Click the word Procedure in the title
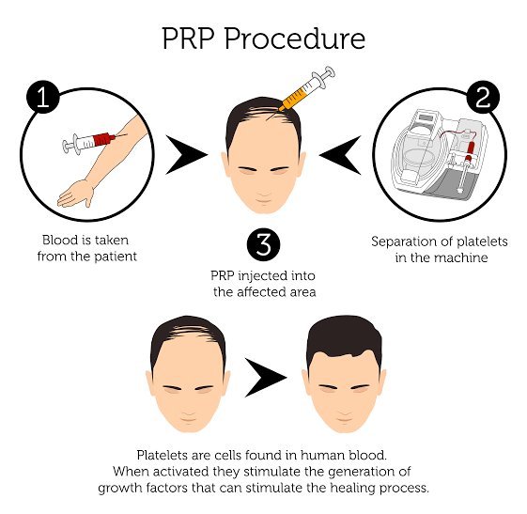click(294, 39)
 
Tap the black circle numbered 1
click(43, 97)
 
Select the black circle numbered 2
click(483, 97)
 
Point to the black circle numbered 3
click(263, 244)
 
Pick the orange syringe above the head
click(302, 91)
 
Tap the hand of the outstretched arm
click(76, 194)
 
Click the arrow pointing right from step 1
click(185, 155)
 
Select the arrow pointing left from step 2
click(340, 155)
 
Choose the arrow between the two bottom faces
click(265, 377)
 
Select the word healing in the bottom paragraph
click(353, 488)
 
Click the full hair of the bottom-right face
click(344, 336)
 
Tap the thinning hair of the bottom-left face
click(188, 331)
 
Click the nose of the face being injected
click(264, 192)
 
